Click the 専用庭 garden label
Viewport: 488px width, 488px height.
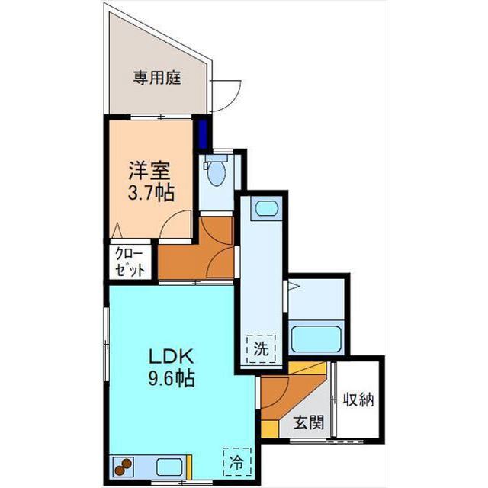tap(157, 78)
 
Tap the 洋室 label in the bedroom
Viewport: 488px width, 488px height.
tap(149, 171)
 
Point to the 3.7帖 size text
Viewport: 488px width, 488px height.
tap(151, 193)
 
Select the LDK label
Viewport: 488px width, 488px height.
tap(171, 356)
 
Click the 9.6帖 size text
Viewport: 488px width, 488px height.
tap(172, 378)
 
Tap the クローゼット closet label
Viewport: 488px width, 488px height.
tap(130, 262)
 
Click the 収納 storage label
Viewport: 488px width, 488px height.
tap(358, 400)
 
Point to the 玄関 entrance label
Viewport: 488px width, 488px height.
tap(309, 422)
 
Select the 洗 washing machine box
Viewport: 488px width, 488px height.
tap(261, 348)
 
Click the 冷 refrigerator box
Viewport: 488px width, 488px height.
tap(237, 462)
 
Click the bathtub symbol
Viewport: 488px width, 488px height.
tap(316, 338)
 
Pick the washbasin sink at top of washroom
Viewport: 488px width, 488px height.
tap(266, 208)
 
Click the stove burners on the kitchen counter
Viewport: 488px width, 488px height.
tap(123, 467)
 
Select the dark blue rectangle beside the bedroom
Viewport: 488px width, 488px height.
tap(203, 134)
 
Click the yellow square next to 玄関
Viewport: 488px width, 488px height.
tap(270, 429)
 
